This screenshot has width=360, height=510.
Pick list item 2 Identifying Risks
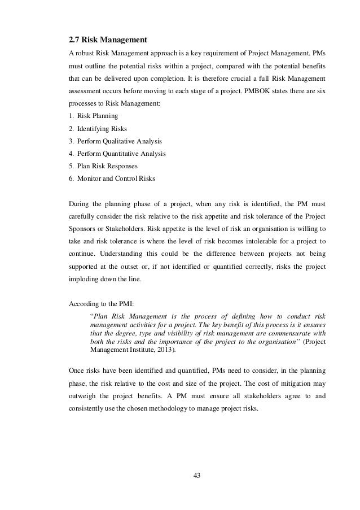[97, 129]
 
